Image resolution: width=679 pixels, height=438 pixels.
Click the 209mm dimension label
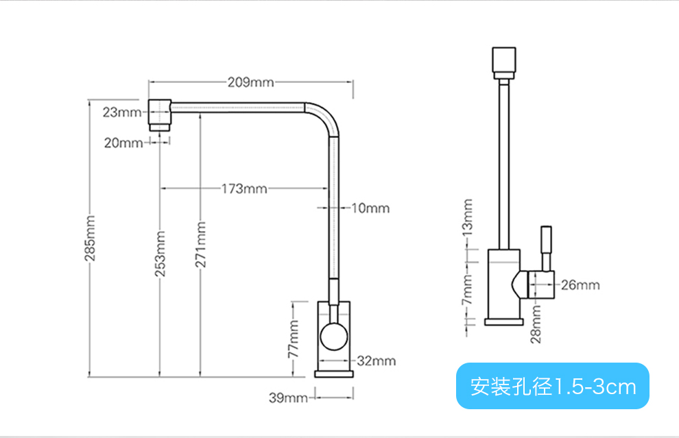coord(250,83)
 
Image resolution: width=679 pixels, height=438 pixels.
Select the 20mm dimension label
coord(123,143)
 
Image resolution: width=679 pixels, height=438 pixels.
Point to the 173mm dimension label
coord(243,188)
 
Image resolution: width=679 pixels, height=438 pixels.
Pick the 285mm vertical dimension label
coord(90,239)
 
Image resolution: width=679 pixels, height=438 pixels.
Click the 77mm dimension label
coord(294,339)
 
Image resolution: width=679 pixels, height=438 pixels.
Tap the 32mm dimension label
coord(377,361)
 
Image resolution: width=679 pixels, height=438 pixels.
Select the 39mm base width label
coord(288,398)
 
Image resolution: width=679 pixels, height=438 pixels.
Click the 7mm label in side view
coord(468,291)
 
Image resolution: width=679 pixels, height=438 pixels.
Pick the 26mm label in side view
coord(580,284)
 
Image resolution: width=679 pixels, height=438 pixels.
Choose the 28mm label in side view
coord(536,324)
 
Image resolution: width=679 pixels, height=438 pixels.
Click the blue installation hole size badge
coord(552,387)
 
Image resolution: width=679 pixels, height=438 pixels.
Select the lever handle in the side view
coord(547,247)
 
